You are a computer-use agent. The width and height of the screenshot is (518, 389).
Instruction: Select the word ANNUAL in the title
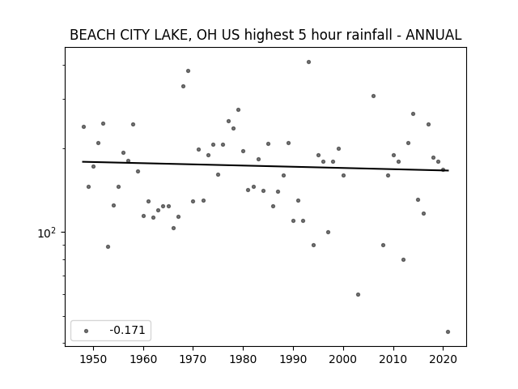pos(434,35)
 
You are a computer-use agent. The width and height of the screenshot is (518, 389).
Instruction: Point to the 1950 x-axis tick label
pos(94,359)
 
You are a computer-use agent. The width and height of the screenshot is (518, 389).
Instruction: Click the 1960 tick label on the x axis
pos(143,359)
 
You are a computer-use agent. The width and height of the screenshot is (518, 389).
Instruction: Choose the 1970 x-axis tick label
pos(193,359)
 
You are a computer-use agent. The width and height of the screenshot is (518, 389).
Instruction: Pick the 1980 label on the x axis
pos(243,359)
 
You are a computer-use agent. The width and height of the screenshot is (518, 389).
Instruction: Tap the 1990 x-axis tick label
pos(293,359)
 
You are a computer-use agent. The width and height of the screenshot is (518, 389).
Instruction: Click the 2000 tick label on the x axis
pos(343,359)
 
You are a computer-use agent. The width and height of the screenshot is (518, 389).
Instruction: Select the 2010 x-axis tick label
pos(393,359)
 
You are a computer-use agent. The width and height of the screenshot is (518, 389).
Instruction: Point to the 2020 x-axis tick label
pos(443,359)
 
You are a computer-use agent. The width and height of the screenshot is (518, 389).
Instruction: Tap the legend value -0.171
pos(127,330)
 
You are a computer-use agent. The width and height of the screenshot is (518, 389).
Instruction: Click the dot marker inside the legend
pos(87,331)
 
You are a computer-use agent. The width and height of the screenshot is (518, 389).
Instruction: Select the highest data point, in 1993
pos(308,62)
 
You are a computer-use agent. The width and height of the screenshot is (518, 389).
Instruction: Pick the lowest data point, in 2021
pos(448,331)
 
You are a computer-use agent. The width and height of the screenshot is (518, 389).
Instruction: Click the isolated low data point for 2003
pos(358,294)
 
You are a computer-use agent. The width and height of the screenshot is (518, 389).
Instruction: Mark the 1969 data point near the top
pos(188,71)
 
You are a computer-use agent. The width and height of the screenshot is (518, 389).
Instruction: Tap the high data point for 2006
pos(373,96)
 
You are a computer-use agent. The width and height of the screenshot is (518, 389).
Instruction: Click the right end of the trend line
pos(448,170)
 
